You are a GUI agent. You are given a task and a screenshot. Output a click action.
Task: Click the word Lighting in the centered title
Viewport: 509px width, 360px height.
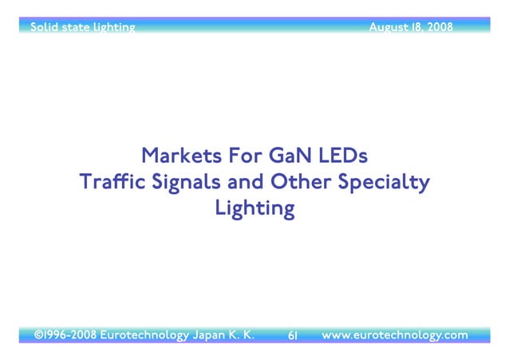tap(254, 210)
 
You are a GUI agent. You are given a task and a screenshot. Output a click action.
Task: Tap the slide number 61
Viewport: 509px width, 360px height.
tap(292, 336)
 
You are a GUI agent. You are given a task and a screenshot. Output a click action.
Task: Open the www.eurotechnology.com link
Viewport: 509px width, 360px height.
tap(394, 335)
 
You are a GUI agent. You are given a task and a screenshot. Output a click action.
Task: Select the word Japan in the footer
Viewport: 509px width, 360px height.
tap(210, 335)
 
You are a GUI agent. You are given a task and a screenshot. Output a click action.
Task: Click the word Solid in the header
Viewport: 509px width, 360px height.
tap(43, 27)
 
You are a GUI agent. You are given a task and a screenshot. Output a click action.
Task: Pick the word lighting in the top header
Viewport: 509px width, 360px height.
tap(112, 28)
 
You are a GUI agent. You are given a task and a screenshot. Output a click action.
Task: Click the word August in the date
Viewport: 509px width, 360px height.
tap(389, 28)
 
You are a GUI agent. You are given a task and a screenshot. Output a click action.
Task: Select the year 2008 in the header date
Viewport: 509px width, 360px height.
tap(440, 27)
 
